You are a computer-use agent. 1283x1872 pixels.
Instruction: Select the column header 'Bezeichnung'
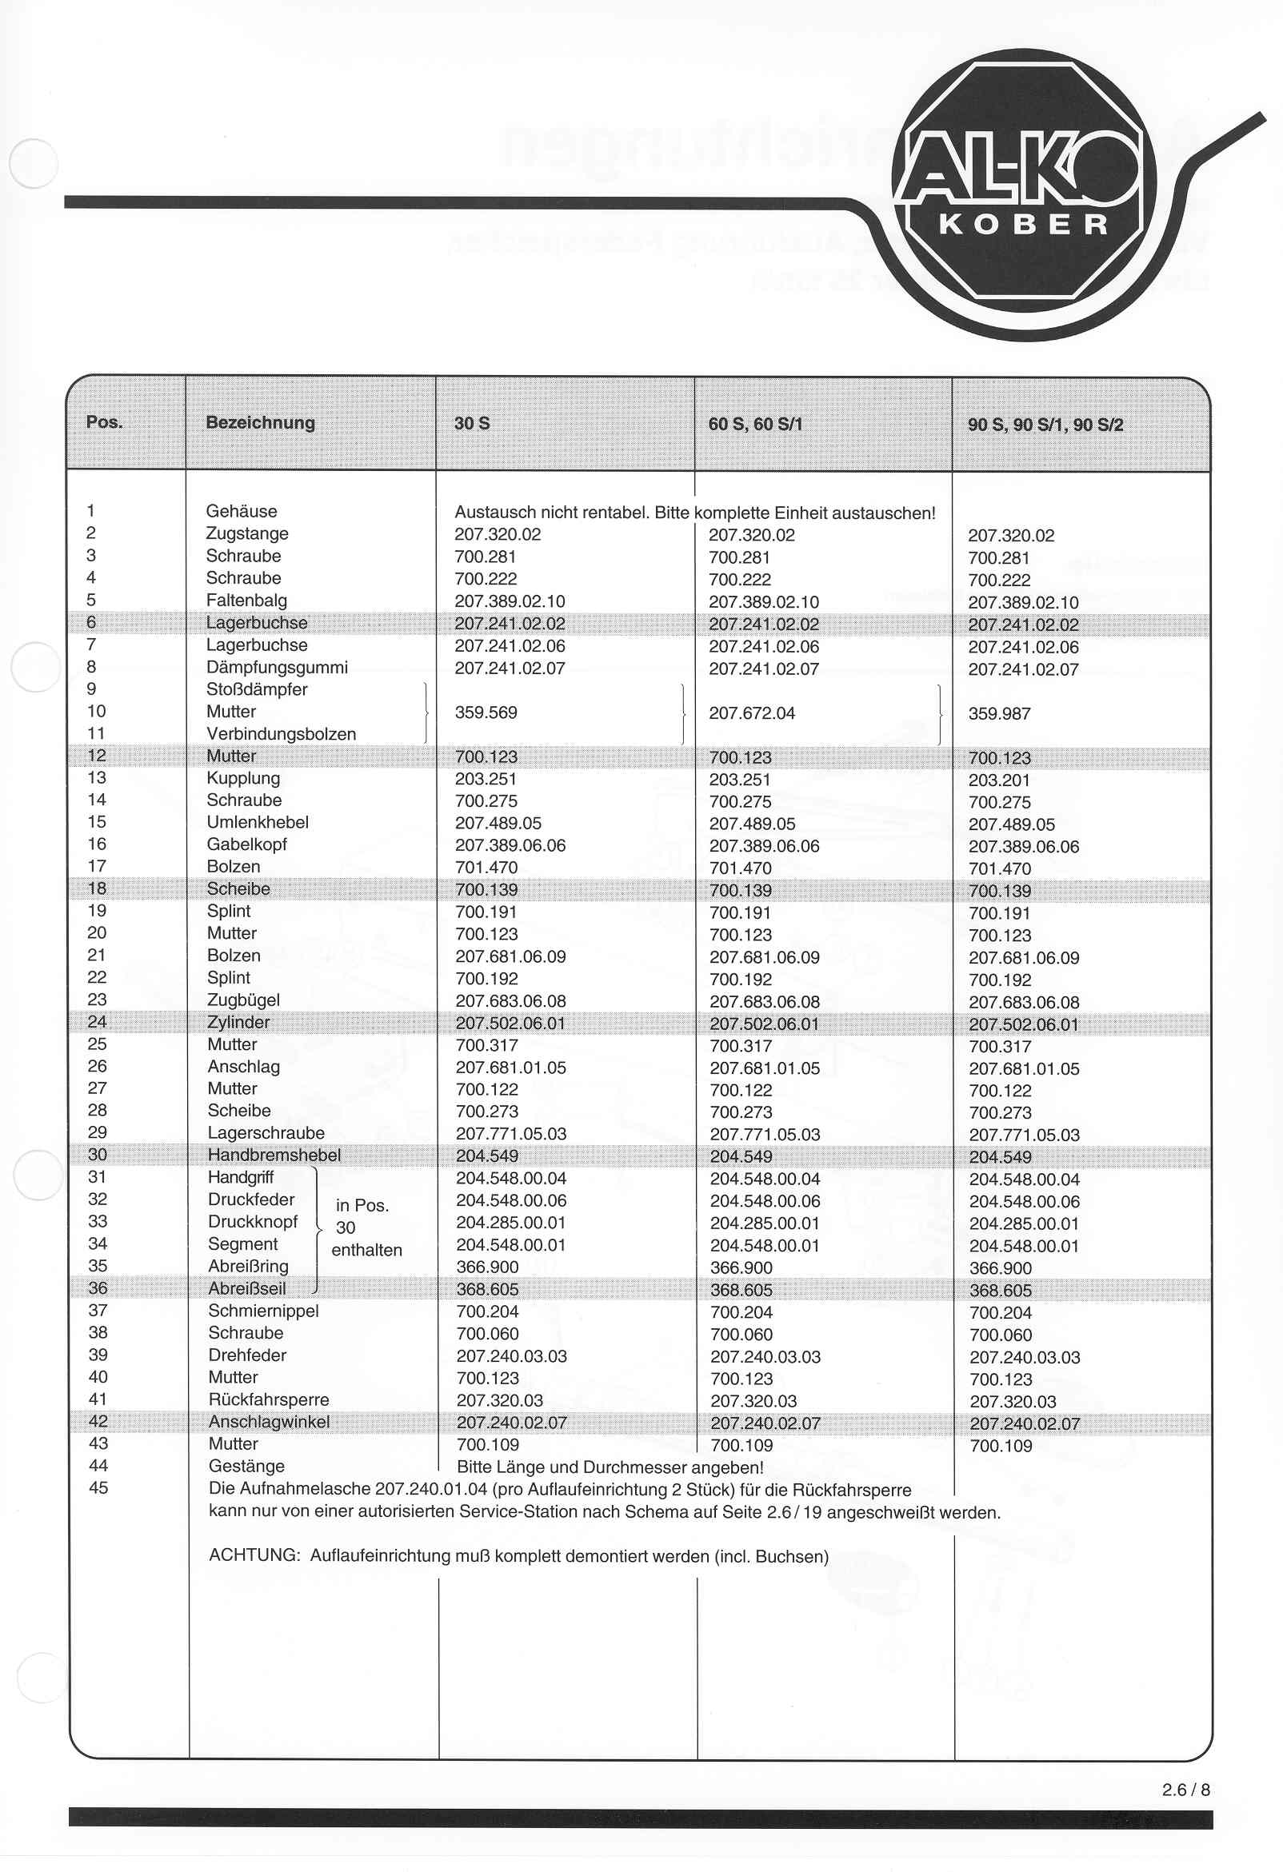(x=260, y=422)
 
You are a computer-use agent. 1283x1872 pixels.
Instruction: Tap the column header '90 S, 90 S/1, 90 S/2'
(x=1045, y=425)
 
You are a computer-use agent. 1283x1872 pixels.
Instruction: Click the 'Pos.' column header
(x=104, y=422)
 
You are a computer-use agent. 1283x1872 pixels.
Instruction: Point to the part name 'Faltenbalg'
(x=246, y=600)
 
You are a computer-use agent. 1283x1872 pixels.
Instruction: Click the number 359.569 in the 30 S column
(x=486, y=712)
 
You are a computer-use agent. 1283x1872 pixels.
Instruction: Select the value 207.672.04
(x=751, y=712)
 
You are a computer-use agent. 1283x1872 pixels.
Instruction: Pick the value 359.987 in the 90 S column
(x=998, y=713)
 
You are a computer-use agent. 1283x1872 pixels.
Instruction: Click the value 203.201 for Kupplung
(x=998, y=780)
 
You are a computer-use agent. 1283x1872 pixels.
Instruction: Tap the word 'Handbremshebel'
(x=274, y=1154)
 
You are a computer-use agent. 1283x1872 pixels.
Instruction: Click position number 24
(x=97, y=1021)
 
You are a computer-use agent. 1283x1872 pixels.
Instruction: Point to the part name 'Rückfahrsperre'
(x=269, y=1399)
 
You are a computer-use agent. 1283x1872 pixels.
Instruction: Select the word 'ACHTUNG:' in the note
(x=254, y=1555)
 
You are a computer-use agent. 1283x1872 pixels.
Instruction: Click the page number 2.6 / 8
(x=1185, y=1789)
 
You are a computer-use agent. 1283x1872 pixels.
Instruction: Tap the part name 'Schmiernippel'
(x=262, y=1311)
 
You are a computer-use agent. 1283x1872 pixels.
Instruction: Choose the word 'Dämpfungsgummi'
(x=277, y=667)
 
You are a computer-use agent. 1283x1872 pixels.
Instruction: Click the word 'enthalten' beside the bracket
(x=366, y=1249)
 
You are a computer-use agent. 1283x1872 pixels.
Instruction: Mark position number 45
(x=98, y=1488)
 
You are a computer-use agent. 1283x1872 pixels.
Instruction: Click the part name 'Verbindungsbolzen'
(x=281, y=734)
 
